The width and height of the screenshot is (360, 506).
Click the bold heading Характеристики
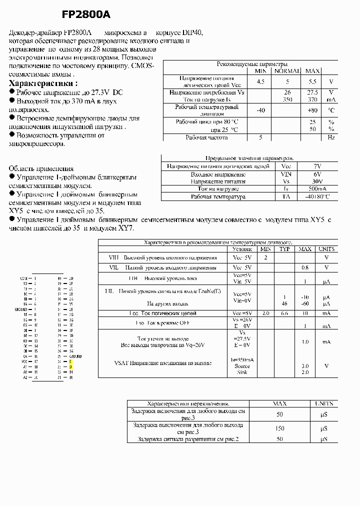[x=43, y=83]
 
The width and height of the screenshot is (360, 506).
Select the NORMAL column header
[x=287, y=71]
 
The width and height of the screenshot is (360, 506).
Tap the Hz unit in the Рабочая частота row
[x=330, y=137]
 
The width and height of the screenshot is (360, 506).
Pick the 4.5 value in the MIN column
[x=260, y=81]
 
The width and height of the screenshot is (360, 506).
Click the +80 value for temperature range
[x=312, y=110]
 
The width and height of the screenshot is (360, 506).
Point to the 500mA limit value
[x=317, y=189]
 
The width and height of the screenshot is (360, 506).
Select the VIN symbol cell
[x=286, y=174]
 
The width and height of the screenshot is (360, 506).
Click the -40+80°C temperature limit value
[x=317, y=196]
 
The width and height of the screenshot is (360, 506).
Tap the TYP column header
[x=284, y=249]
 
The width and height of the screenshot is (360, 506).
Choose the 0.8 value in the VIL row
[x=304, y=268]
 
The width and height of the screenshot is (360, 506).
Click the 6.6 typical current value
[x=284, y=313]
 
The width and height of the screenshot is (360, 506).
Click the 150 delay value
[x=279, y=428]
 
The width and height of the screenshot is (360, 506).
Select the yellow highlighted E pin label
[x=70, y=361]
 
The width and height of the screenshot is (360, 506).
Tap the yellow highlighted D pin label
[x=70, y=366]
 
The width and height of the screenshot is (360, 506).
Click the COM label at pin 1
[x=23, y=278]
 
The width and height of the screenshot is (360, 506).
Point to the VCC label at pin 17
[x=23, y=361]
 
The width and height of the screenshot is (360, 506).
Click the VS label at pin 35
[x=71, y=304]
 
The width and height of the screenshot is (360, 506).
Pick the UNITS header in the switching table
[x=323, y=403]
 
